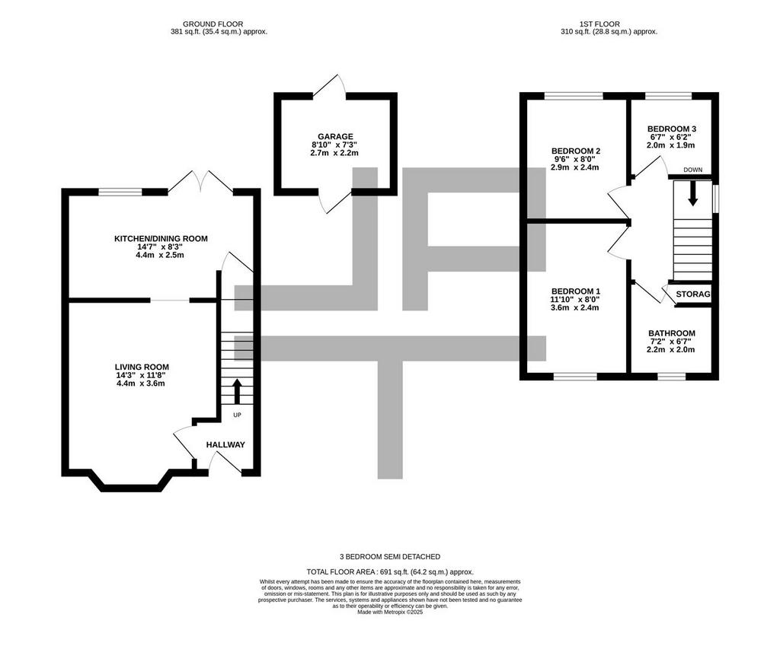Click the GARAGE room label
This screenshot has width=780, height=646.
click(335, 137)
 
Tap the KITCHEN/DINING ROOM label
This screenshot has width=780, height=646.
click(161, 238)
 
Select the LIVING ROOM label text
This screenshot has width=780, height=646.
click(142, 368)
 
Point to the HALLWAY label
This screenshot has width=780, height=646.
click(225, 445)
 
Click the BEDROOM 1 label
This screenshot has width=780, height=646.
click(576, 291)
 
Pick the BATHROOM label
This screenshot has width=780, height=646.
click(672, 333)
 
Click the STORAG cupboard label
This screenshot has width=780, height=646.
click(693, 294)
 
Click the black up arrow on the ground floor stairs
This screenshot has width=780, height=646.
click(237, 391)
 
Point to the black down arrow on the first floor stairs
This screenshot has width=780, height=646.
click(692, 194)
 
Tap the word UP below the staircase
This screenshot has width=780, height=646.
click(238, 415)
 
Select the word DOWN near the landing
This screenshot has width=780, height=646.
click(693, 170)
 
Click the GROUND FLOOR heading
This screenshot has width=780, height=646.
click(213, 24)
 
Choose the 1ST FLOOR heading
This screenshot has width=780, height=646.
click(599, 24)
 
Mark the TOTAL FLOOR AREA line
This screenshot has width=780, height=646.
click(390, 572)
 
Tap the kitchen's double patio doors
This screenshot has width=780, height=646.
click(200, 183)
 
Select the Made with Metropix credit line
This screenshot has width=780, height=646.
click(390, 613)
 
